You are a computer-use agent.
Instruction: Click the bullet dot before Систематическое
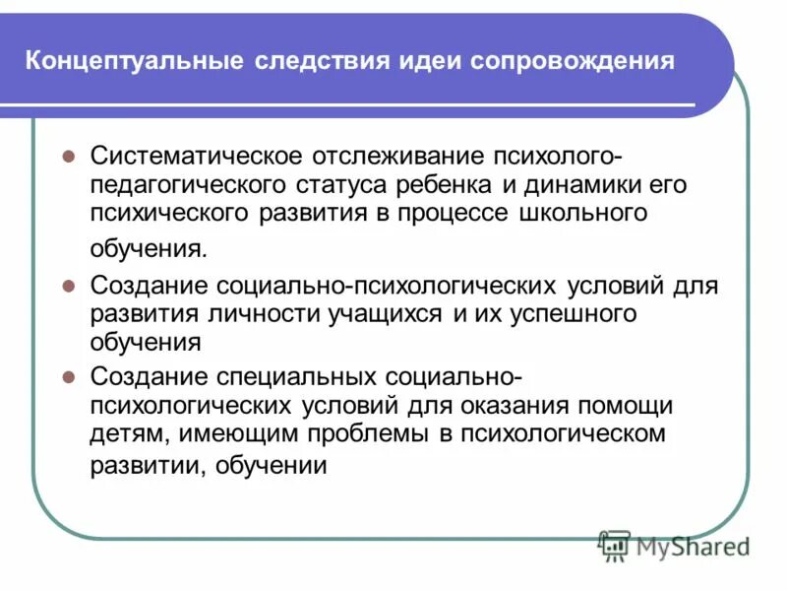pyautogui.click(x=70, y=158)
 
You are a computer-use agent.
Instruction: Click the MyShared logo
pyautogui.click(x=675, y=544)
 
